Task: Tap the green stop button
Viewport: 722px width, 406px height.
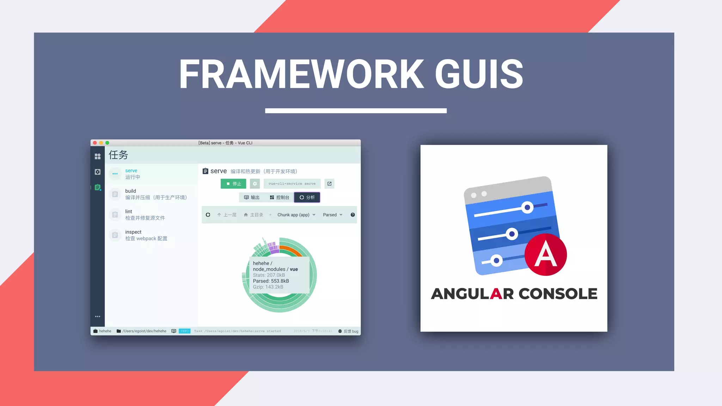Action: [x=233, y=184]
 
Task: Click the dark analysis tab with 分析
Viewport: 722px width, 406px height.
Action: [x=307, y=197]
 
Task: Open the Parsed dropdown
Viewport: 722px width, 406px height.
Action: [x=332, y=215]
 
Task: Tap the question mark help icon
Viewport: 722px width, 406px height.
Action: [x=353, y=215]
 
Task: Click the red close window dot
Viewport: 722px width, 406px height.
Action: [x=95, y=143]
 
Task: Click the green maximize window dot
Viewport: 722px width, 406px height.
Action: [x=107, y=143]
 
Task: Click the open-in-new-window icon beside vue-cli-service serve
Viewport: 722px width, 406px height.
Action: [x=329, y=184]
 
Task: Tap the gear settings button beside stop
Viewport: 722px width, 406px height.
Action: [x=255, y=184]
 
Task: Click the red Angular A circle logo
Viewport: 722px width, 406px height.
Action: [x=545, y=254]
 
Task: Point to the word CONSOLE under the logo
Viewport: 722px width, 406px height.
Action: [x=558, y=294]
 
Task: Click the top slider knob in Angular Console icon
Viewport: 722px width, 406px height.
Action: [x=527, y=207]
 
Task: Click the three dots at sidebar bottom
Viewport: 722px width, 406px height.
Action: [x=98, y=316]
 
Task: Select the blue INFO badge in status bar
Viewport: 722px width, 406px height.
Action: [x=184, y=331]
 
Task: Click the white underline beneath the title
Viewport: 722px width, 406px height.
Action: [x=356, y=111]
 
